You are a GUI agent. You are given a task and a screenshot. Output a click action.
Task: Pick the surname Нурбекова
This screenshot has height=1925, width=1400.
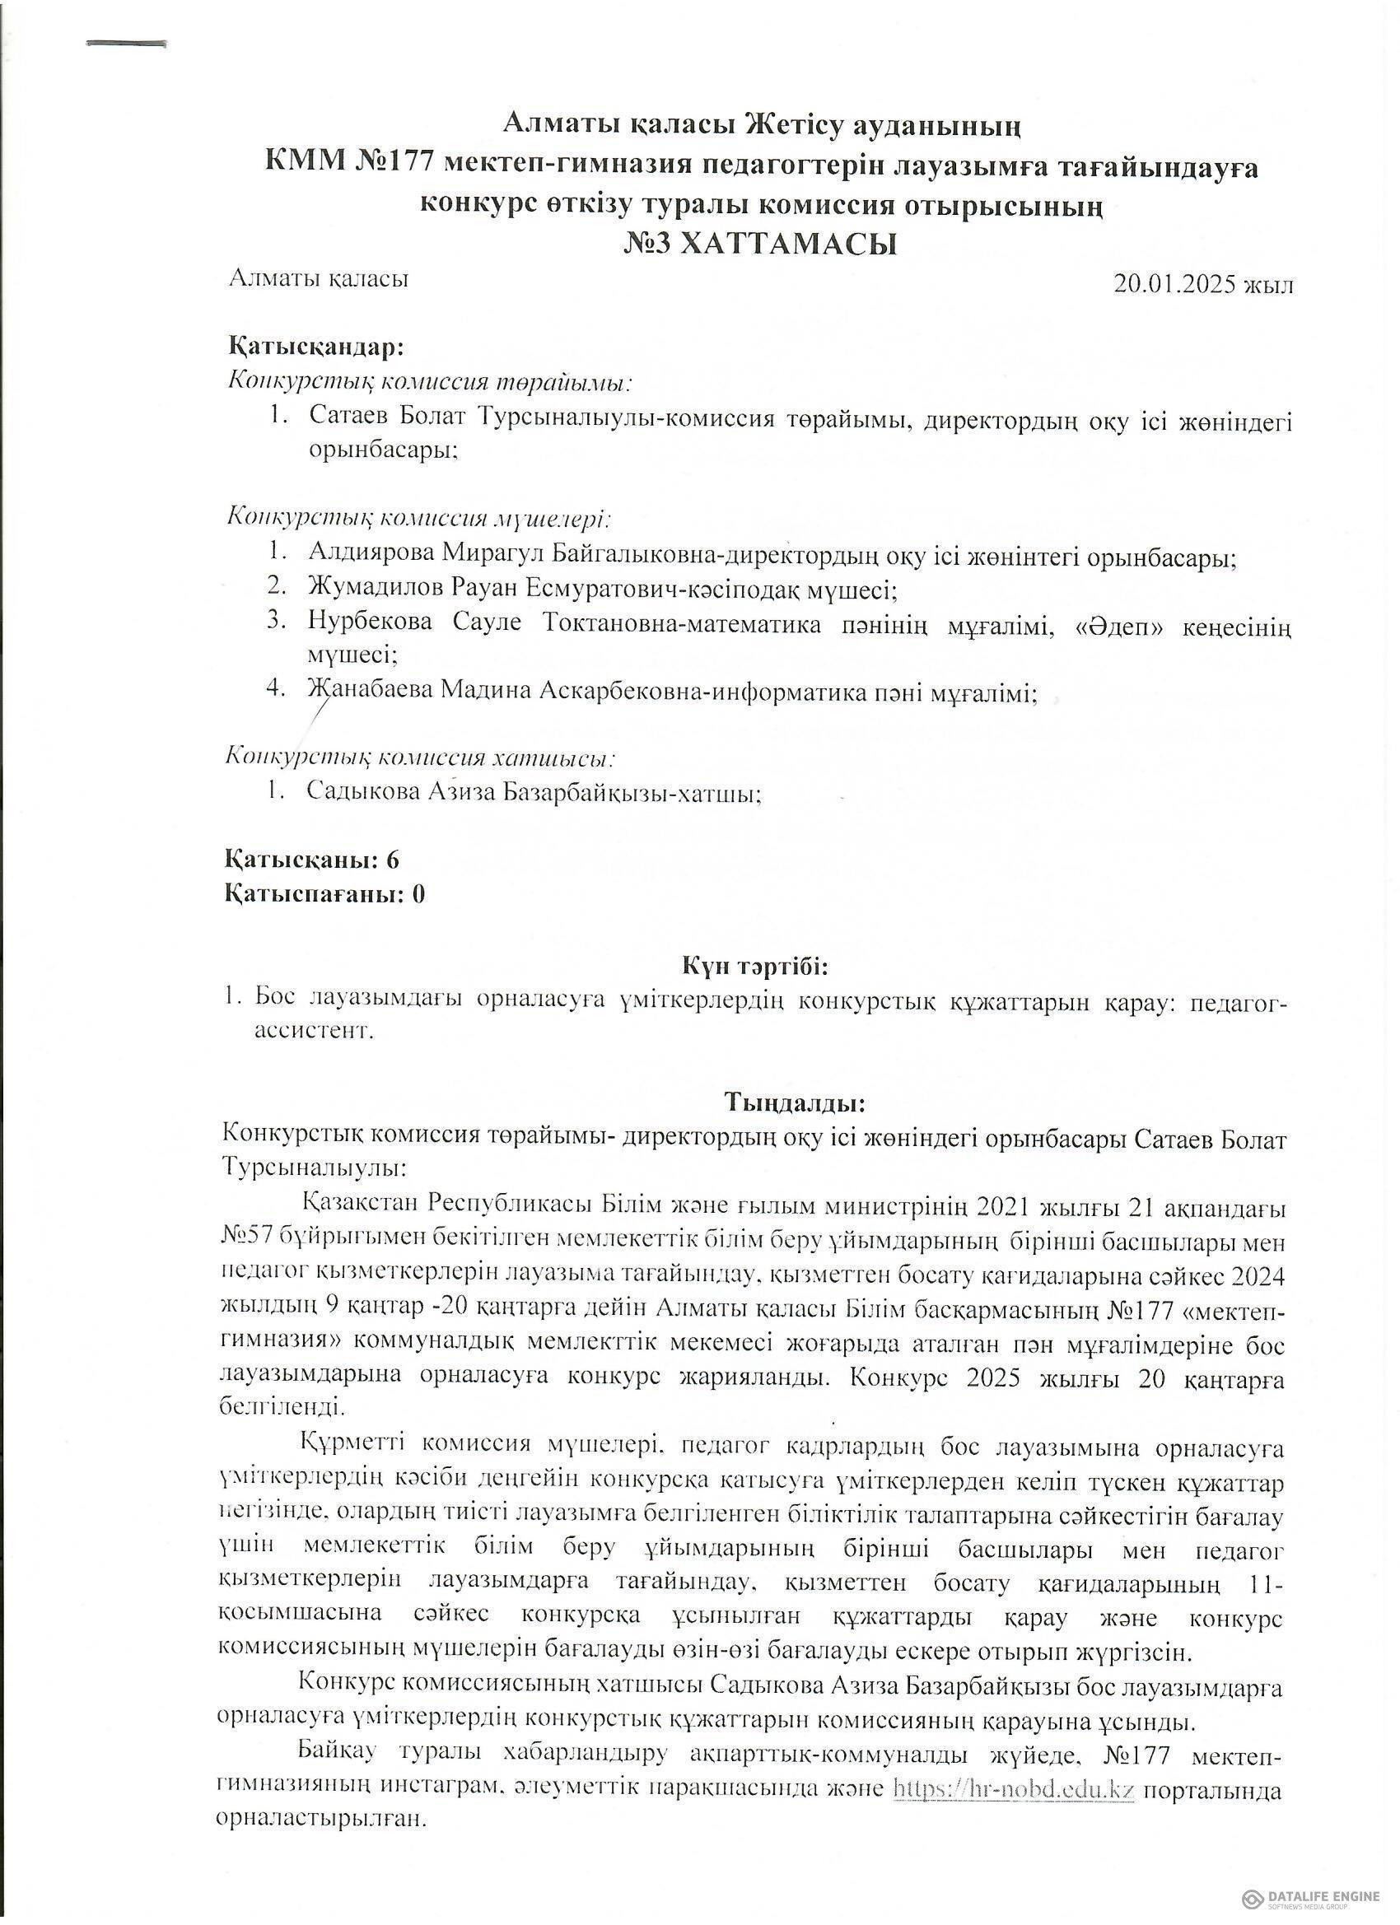tap(370, 623)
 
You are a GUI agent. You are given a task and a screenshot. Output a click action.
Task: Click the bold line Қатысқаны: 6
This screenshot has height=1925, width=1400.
tap(311, 860)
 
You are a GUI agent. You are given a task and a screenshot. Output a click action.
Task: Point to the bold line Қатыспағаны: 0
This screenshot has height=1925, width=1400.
tap(324, 894)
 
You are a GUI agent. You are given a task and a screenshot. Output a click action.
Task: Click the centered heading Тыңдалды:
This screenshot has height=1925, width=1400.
tap(795, 1103)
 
